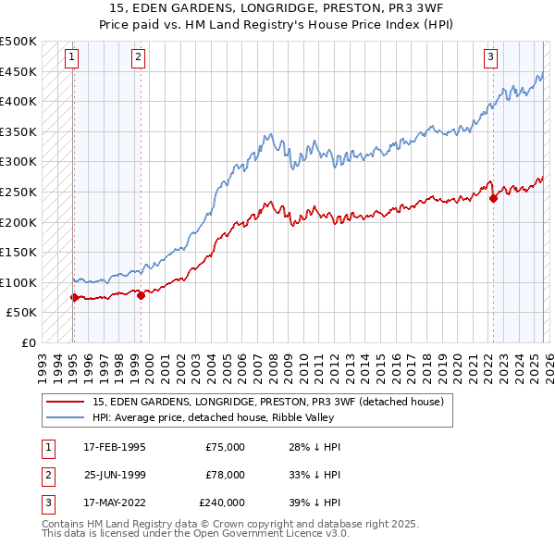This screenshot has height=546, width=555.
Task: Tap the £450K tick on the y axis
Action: click(18, 71)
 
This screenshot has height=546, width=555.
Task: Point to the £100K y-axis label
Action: click(18, 282)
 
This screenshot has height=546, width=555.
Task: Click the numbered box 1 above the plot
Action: click(72, 57)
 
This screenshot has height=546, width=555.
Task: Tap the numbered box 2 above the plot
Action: click(138, 57)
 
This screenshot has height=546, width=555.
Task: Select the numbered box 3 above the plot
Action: click(490, 57)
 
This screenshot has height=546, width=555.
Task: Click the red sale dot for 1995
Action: click(74, 297)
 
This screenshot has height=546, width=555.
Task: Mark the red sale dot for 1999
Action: click(141, 295)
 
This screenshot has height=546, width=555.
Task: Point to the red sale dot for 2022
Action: click(493, 197)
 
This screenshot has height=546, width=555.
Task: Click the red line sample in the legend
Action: click(65, 402)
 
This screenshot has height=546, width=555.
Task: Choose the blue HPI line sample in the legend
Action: click(65, 417)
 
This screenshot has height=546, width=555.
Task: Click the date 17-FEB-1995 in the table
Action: click(114, 447)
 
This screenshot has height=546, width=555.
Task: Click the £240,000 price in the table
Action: click(222, 503)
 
